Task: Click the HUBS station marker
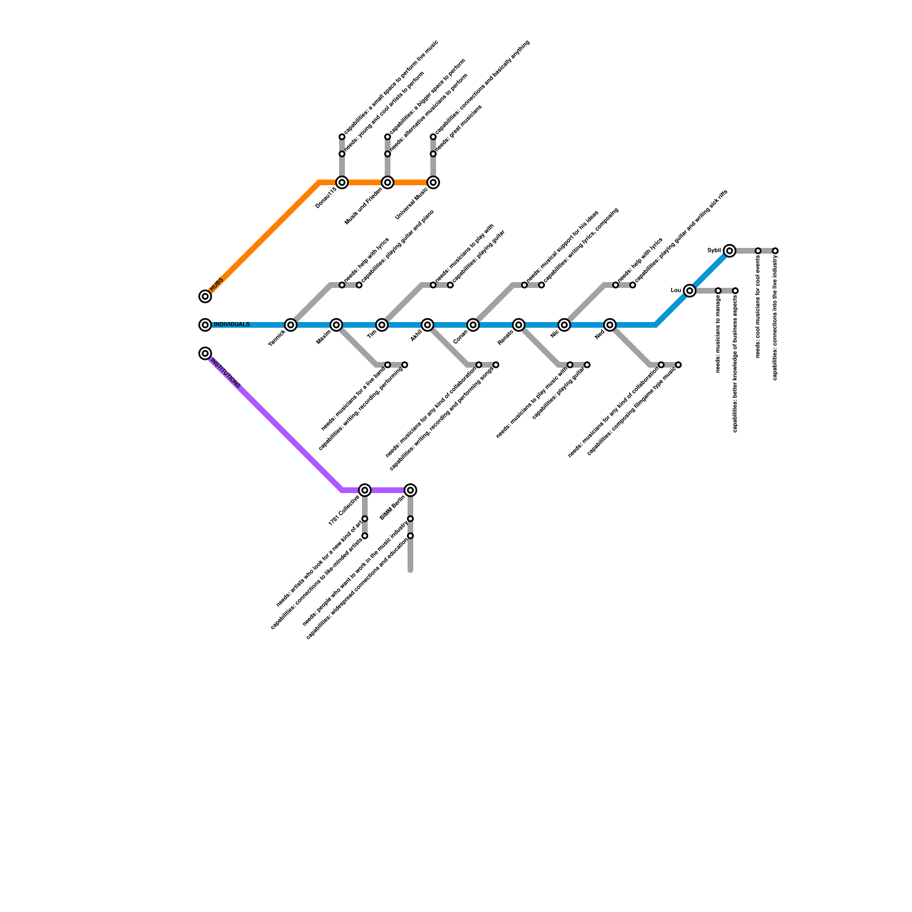tap(205, 296)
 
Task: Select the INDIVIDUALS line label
tap(231, 325)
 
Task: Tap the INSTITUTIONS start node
tap(205, 353)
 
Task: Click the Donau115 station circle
tap(342, 182)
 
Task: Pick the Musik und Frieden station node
tap(388, 182)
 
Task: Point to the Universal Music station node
tap(433, 182)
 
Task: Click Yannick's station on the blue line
tap(291, 325)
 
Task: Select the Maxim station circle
tap(336, 325)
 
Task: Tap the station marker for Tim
tap(382, 325)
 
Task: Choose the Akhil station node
tap(427, 325)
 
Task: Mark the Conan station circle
tap(473, 325)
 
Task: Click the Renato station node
tap(519, 325)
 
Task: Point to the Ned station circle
tap(610, 325)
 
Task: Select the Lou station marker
tap(690, 291)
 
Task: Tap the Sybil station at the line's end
tap(730, 251)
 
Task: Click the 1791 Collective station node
tap(365, 490)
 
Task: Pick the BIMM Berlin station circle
tap(410, 490)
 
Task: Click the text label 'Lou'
tap(676, 291)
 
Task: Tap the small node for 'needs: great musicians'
tap(433, 154)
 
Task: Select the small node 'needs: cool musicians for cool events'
tap(758, 251)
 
